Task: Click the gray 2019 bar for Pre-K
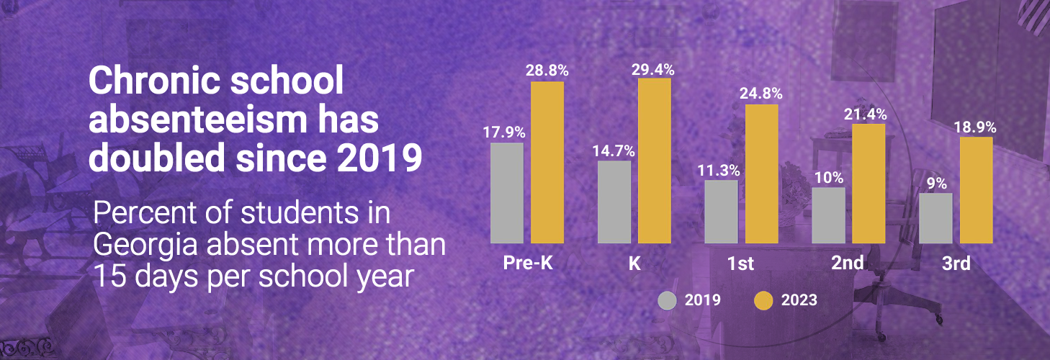coord(506,193)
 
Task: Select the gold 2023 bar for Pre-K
coord(547,162)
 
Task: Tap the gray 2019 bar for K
coord(614,202)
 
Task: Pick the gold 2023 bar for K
coord(655,161)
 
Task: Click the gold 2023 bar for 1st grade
coord(761,174)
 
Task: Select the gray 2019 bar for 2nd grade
coord(828,215)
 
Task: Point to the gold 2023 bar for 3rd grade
coord(976,190)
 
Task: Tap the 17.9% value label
coord(506,132)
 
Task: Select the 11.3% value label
coord(720,171)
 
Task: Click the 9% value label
coord(935,183)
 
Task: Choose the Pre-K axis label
coord(526,263)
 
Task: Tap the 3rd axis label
coord(956,264)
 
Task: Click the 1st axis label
coord(741,264)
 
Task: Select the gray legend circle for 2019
coord(668,300)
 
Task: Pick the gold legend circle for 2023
coord(763,300)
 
